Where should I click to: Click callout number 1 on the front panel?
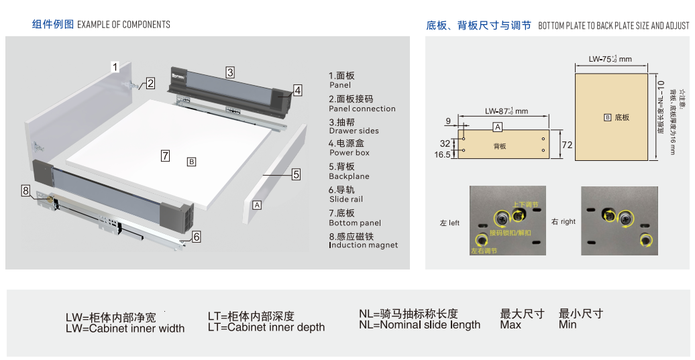click(x=115, y=66)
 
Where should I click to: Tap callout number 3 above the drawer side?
click(x=229, y=72)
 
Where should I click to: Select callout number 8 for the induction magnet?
click(x=25, y=191)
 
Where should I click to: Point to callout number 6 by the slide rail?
click(x=196, y=236)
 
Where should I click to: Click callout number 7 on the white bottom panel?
click(x=165, y=156)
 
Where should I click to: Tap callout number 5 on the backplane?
click(x=296, y=174)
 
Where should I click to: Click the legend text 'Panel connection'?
click(x=362, y=109)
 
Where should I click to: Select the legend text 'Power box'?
click(x=349, y=153)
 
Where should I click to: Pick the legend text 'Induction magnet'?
click(x=363, y=245)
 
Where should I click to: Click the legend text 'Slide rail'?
click(x=345, y=199)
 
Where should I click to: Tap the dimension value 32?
click(x=445, y=143)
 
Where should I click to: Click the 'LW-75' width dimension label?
click(x=610, y=59)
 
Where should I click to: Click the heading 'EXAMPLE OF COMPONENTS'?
click(x=123, y=25)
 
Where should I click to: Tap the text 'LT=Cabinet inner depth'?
click(x=266, y=328)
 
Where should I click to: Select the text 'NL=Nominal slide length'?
click(x=419, y=325)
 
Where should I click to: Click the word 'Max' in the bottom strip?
click(x=511, y=325)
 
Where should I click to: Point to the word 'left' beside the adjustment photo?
click(x=454, y=223)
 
